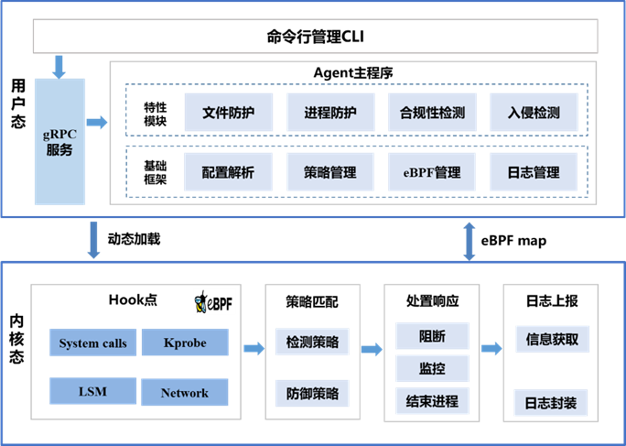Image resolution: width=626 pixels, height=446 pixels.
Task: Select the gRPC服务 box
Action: coord(59,141)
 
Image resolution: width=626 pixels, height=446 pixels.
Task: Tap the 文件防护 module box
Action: coord(228,114)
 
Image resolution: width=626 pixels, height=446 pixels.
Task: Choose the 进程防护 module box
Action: coord(330,114)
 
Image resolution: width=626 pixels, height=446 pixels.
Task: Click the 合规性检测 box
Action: coord(432,114)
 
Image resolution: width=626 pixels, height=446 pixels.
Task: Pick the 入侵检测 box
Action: coord(534,114)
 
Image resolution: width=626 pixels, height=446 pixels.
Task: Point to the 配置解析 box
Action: coord(228,171)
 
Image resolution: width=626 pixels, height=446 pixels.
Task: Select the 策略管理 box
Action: coord(330,171)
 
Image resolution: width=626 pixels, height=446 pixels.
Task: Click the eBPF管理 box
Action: coord(432,171)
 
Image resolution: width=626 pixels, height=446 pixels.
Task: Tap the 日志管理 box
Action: coord(534,171)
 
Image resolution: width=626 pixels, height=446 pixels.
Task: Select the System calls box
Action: coord(93,343)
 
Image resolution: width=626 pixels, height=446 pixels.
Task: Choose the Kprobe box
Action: coord(185,343)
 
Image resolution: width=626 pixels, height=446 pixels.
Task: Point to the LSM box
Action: coord(93,391)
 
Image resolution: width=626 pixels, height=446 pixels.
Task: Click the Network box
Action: coord(185,393)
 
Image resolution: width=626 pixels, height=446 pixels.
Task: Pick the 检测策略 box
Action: coord(312,343)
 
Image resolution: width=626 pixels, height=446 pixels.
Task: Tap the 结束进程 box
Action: coord(432,400)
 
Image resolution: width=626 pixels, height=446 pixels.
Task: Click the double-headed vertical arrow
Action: coord(470,241)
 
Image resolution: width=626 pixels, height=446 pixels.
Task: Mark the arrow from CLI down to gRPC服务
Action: coord(59,66)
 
